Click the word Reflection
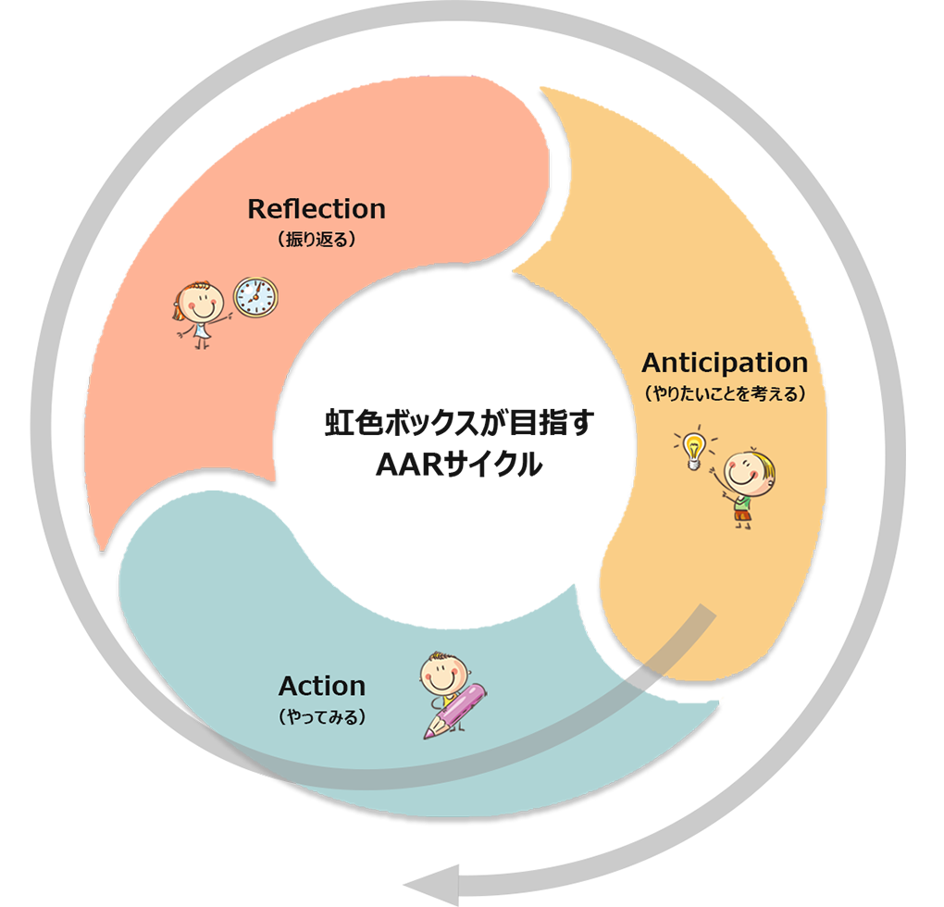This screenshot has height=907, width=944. tap(317, 209)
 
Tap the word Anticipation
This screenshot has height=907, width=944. tap(724, 362)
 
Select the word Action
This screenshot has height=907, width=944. tap(321, 686)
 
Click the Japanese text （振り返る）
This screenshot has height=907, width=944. tap(317, 239)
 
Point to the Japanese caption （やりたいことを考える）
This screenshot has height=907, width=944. tap(724, 393)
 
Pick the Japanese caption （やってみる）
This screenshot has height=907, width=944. tap(321, 716)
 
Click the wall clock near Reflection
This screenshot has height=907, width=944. tap(255, 297)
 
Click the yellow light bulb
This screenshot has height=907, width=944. tap(691, 448)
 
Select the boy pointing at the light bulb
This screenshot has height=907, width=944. tap(744, 486)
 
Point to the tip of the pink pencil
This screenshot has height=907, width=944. tap(428, 737)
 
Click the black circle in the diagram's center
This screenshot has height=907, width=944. tap(453, 435)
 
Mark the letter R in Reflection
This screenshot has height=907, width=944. tap(257, 210)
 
